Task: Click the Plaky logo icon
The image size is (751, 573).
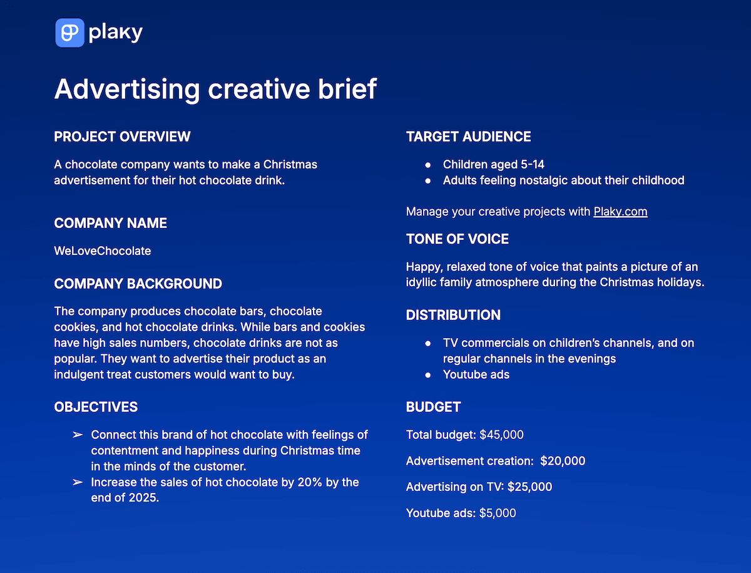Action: click(69, 33)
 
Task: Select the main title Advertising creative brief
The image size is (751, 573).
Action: click(215, 89)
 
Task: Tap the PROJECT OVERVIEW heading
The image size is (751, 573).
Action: click(122, 137)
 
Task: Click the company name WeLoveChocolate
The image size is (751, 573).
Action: click(103, 250)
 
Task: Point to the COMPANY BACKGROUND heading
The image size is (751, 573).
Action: click(138, 284)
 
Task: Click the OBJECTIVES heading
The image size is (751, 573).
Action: click(96, 407)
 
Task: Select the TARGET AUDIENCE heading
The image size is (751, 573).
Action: click(468, 137)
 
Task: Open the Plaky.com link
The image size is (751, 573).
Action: click(620, 211)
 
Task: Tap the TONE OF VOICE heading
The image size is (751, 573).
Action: click(457, 239)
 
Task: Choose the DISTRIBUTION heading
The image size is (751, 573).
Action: click(453, 315)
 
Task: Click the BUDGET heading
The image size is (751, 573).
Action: click(433, 407)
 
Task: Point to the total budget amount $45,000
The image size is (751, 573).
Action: click(501, 435)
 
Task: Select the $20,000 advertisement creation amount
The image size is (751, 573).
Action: click(563, 461)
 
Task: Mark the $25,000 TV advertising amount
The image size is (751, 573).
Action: click(529, 487)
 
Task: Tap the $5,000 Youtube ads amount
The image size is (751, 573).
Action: click(498, 513)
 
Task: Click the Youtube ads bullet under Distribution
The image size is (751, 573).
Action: click(476, 374)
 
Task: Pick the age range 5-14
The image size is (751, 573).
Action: click(532, 165)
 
